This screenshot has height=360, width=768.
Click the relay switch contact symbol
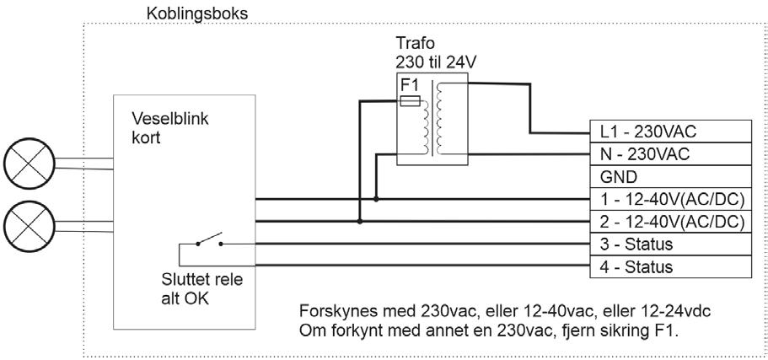pos(209,241)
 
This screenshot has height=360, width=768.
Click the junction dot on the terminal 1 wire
pos(376,200)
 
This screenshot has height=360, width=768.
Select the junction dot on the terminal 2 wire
pos(360,223)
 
